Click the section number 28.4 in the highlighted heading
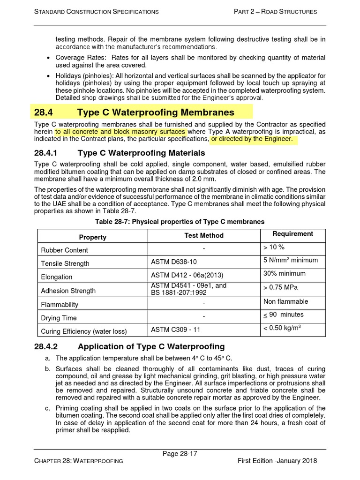pyautogui.click(x=45, y=112)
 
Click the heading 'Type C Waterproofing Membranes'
pyautogui.click(x=156, y=112)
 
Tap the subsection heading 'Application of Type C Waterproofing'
pyautogui.click(x=151, y=347)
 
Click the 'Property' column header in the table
pyautogui.click(x=92, y=237)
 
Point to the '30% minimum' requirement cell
pyautogui.click(x=284, y=273)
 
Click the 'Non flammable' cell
pyautogui.click(x=285, y=301)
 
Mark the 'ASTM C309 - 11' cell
pyautogui.click(x=175, y=330)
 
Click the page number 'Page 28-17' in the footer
pyautogui.click(x=180, y=453)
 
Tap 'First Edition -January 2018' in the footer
pyautogui.click(x=277, y=461)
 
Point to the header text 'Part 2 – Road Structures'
pyautogui.click(x=275, y=11)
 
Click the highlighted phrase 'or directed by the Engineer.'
pyautogui.click(x=252, y=139)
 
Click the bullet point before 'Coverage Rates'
pyautogui.click(x=50, y=58)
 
